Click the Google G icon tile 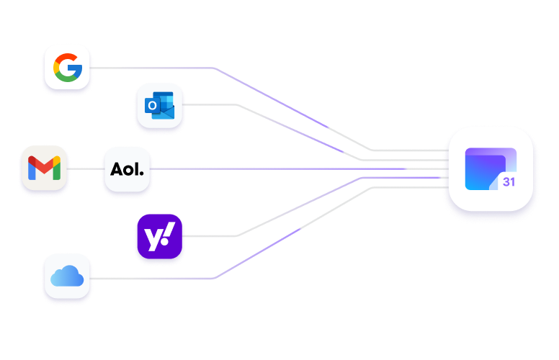(68, 68)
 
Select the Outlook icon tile (160, 106)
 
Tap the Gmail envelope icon (44, 169)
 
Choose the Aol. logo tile (128, 170)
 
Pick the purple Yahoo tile (159, 236)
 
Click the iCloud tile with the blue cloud (68, 276)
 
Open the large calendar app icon (490, 168)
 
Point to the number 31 (509, 182)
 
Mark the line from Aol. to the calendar (288, 169)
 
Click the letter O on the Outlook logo (152, 107)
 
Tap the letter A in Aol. (117, 170)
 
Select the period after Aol (142, 174)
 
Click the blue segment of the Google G (76, 71)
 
